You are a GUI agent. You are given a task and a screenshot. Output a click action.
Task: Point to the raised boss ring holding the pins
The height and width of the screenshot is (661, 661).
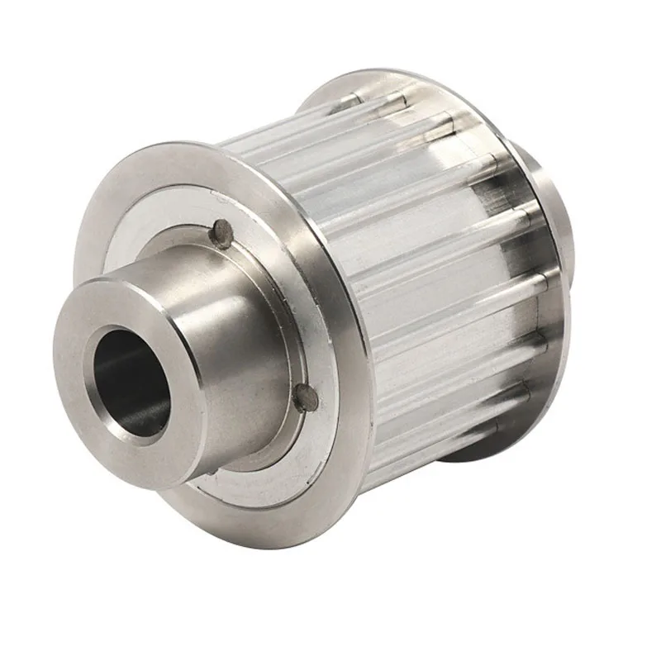point(273,273)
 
